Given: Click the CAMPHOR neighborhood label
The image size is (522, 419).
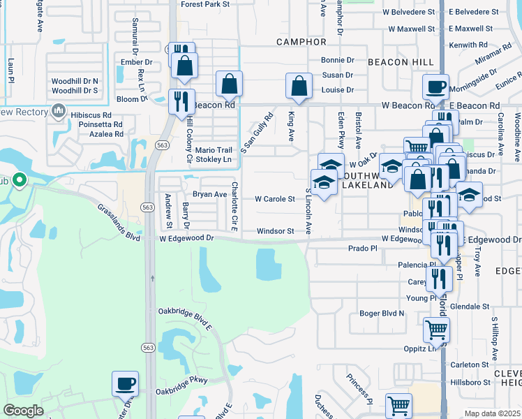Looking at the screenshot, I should [301, 42].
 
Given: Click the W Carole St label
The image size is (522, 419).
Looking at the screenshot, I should [274, 199].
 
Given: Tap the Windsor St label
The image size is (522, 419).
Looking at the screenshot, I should [275, 230].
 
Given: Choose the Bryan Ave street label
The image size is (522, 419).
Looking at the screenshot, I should [210, 194].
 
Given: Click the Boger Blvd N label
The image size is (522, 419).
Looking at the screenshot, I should [382, 314].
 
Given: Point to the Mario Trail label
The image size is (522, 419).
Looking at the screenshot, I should [213, 150].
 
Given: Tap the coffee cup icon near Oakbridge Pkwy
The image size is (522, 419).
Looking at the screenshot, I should [126, 383].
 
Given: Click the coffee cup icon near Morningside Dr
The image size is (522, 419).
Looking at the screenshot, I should [436, 87].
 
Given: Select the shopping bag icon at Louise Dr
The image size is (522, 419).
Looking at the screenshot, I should [299, 87].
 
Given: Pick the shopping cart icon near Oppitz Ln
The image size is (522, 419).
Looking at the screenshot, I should [436, 329].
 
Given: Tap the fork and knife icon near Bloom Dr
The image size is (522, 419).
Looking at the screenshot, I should [181, 101].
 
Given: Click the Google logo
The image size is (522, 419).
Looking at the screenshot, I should [23, 411].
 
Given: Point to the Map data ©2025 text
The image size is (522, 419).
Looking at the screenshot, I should [492, 413].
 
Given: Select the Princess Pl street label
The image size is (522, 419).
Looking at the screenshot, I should [359, 388].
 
